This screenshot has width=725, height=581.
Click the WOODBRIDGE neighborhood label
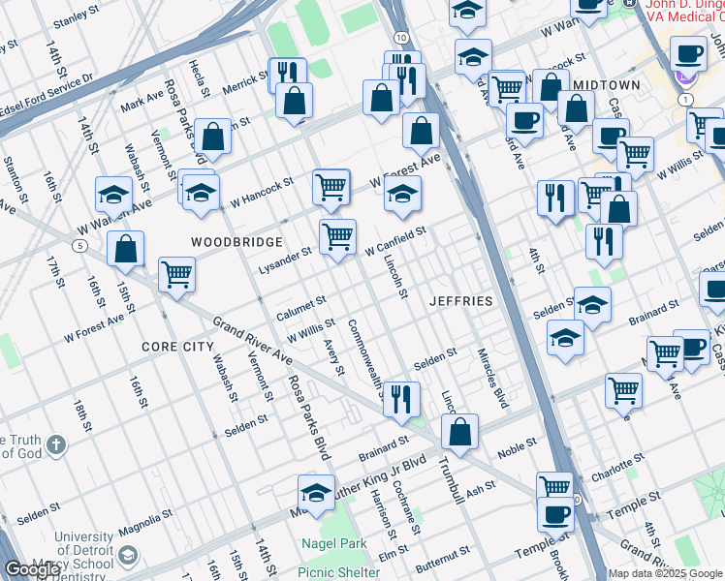236,241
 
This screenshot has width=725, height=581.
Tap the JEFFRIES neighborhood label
461,301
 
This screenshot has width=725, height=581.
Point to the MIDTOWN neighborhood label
606,85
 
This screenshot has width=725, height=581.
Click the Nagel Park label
332,544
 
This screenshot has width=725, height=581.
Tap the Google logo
32,569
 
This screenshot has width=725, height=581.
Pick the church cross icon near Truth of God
57,445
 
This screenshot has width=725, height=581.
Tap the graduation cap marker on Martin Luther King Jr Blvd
316,493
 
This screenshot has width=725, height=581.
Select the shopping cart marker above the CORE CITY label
177,274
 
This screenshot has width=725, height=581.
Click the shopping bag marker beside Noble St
459,432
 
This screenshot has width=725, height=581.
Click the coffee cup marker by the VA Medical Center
688,54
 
